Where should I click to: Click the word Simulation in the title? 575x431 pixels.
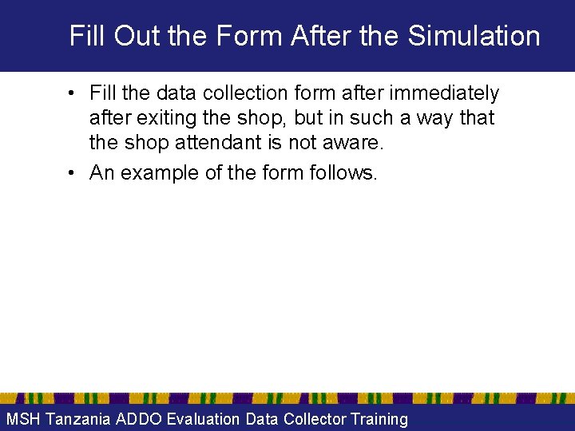(x=474, y=36)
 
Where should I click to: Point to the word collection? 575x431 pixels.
(x=228, y=93)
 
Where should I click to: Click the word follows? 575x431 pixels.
(x=342, y=172)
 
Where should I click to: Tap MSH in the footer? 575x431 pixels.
(x=24, y=419)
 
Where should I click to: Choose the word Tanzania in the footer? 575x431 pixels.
(x=78, y=419)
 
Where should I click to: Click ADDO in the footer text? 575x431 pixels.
(x=138, y=419)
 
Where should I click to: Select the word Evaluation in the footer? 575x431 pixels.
(x=202, y=419)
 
